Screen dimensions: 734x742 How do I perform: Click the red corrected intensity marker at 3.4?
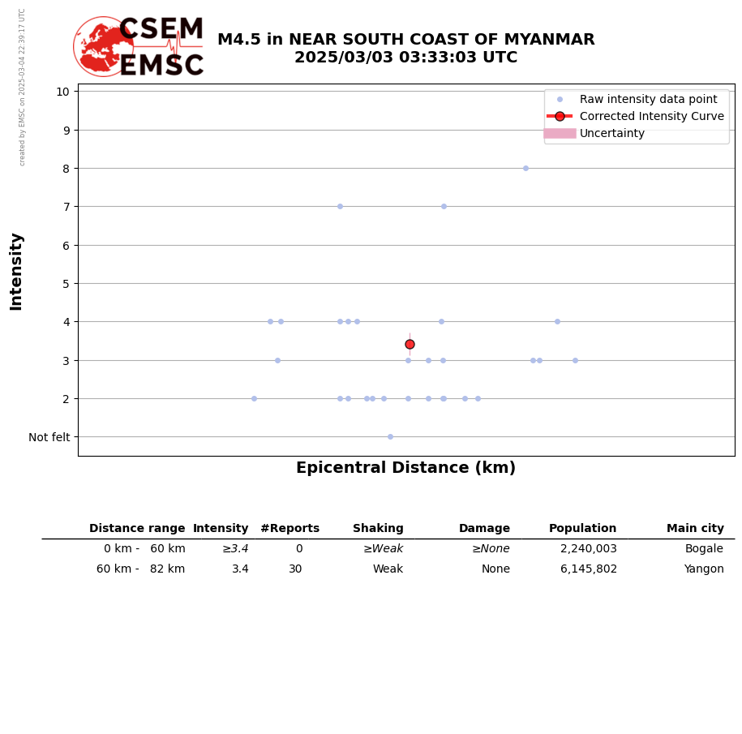click(x=410, y=344)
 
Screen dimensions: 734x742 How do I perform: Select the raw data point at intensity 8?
click(x=525, y=169)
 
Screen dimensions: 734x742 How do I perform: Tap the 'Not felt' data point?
click(x=390, y=436)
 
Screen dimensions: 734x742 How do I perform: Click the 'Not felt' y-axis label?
click(x=49, y=437)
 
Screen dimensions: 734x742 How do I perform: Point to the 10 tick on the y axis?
click(x=62, y=92)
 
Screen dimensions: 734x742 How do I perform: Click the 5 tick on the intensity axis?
click(x=66, y=284)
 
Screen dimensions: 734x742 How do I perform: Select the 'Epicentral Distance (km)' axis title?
click(x=405, y=468)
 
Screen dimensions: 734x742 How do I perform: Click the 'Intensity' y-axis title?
click(x=16, y=271)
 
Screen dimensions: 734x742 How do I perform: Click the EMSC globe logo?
click(x=104, y=47)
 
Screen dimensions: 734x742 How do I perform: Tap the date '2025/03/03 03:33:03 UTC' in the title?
click(x=405, y=58)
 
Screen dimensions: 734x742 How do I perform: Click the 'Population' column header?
click(x=582, y=529)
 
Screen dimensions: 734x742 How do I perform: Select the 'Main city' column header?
click(x=695, y=529)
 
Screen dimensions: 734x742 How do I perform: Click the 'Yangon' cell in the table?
click(x=705, y=569)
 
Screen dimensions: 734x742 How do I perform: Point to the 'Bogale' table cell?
click(x=704, y=549)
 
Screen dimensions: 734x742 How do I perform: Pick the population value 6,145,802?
click(x=588, y=569)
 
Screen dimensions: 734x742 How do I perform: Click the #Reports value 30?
click(x=295, y=569)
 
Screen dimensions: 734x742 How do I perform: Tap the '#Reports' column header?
click(x=290, y=529)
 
